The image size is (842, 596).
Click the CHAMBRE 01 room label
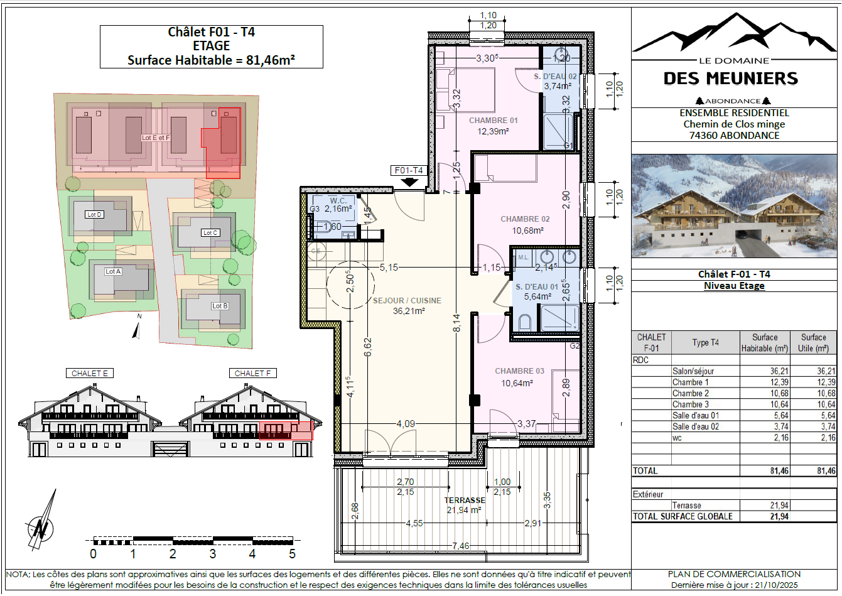(x=493, y=121)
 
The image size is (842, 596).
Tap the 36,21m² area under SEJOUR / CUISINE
(x=409, y=311)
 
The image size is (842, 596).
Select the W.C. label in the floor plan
(x=338, y=200)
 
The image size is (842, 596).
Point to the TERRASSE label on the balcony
(x=465, y=500)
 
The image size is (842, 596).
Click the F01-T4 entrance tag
(x=409, y=170)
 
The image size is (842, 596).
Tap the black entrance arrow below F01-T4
(x=409, y=182)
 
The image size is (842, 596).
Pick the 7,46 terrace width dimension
(x=460, y=546)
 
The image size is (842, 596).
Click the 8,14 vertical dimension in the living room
(x=456, y=323)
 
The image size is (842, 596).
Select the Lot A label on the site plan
(x=113, y=271)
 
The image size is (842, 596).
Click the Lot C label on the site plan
(x=210, y=233)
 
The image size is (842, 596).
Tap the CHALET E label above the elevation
(x=89, y=373)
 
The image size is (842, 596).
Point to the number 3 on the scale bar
(x=212, y=553)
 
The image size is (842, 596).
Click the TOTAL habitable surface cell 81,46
(x=779, y=470)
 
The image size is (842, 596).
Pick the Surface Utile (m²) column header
(x=813, y=342)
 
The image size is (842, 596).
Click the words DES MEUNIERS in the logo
(x=731, y=79)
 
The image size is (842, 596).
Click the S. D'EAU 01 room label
(x=537, y=286)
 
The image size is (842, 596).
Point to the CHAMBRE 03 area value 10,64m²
(x=517, y=383)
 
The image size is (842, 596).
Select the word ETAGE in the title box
(x=211, y=46)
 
